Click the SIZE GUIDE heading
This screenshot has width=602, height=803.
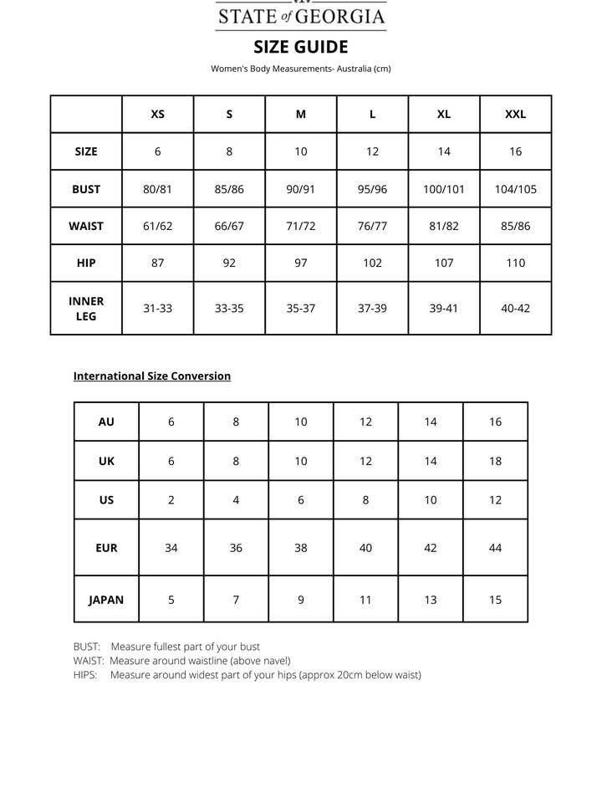click(x=301, y=47)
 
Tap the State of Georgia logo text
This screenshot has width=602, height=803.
click(x=301, y=16)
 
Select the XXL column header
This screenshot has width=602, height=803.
click(x=516, y=115)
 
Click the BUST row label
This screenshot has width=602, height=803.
click(x=86, y=189)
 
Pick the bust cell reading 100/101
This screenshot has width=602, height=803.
click(x=444, y=189)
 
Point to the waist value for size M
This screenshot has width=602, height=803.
click(x=301, y=226)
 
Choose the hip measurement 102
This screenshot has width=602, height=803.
click(x=372, y=263)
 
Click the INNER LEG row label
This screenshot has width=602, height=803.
click(x=86, y=308)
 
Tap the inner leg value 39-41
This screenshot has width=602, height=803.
click(x=444, y=308)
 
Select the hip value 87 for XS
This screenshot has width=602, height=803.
click(x=157, y=263)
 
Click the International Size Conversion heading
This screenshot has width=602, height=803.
click(x=152, y=376)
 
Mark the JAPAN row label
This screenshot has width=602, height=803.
click(x=106, y=600)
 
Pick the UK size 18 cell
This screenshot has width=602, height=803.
click(x=495, y=461)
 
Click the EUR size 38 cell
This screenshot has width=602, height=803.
click(x=301, y=548)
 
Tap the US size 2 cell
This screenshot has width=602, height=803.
click(x=171, y=500)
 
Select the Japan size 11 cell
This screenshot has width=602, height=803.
click(x=365, y=600)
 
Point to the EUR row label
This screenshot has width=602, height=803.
click(x=106, y=548)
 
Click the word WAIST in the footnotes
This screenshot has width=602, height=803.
click(x=89, y=661)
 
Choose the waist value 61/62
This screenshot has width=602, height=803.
click(x=157, y=226)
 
